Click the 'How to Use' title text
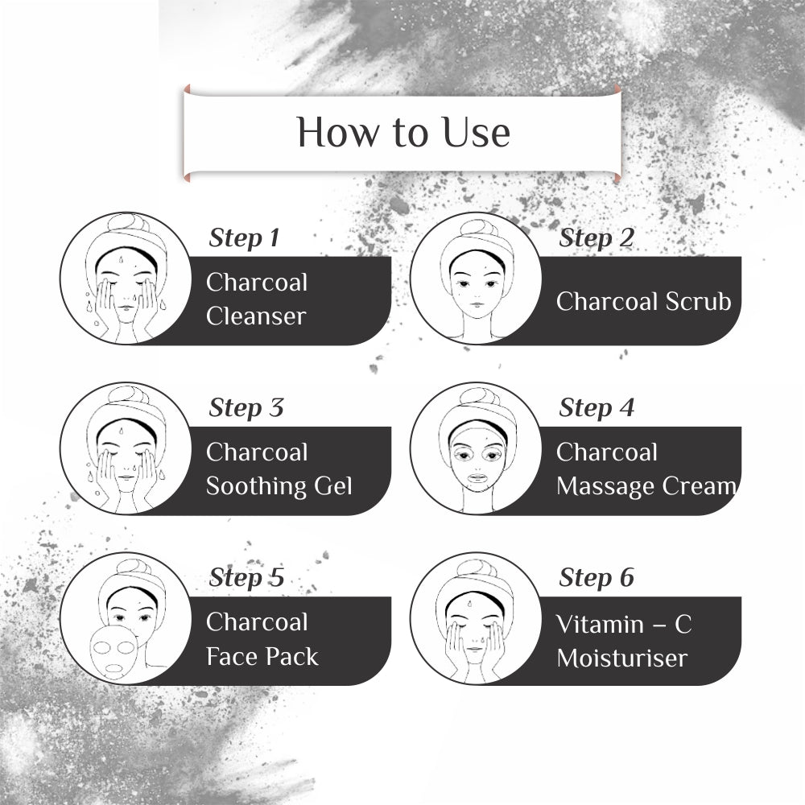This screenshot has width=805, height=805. [x=403, y=132]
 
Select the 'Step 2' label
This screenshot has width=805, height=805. [x=596, y=238]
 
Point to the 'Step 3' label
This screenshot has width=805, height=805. [x=246, y=408]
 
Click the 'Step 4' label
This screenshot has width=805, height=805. [x=597, y=408]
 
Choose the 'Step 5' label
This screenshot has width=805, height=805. [x=246, y=578]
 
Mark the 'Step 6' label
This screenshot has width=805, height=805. [x=597, y=578]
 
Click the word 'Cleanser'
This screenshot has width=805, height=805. [x=256, y=316]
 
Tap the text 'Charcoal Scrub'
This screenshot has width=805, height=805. [x=643, y=301]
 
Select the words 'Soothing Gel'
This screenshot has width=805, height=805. [x=279, y=486]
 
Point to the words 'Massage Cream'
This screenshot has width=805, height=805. [x=646, y=486]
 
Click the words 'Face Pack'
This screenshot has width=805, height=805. [x=262, y=656]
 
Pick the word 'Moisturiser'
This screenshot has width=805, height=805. [x=621, y=658]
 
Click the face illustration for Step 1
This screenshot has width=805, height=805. [x=122, y=279]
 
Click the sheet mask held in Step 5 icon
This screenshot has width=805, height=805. [x=114, y=649]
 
